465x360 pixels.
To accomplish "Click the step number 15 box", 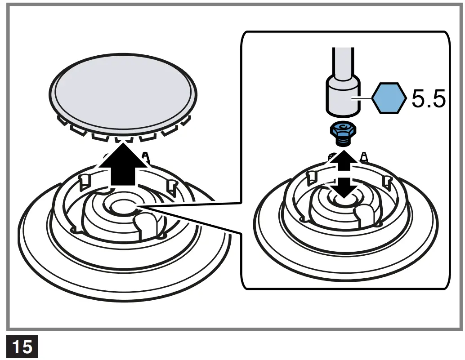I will click(x=22, y=347).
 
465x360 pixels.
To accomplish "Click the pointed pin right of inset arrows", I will click(x=365, y=157).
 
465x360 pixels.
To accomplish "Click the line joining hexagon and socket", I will click(x=366, y=98).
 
